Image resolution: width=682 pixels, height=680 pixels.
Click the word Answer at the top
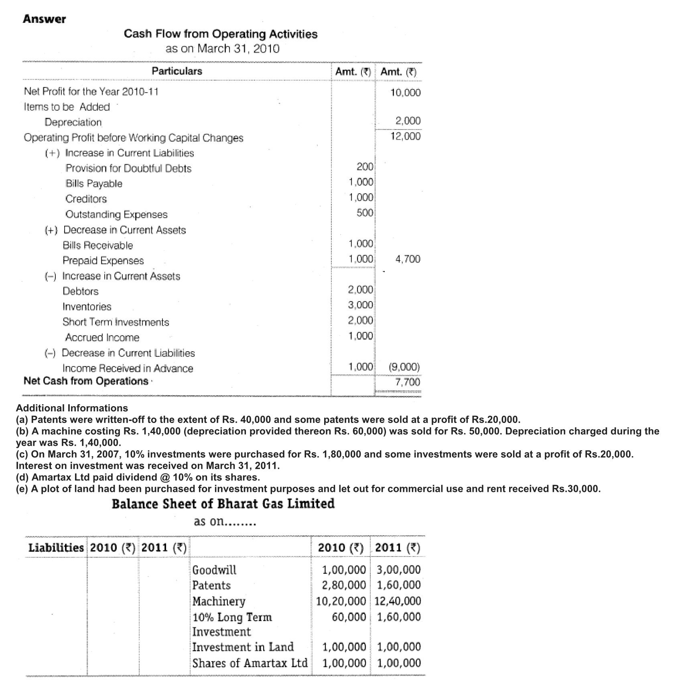pos(44,19)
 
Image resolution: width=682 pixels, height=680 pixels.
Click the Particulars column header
pos(177,71)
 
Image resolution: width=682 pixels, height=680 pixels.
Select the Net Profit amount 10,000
pos(406,93)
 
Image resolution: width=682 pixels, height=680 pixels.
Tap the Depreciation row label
pos(73,122)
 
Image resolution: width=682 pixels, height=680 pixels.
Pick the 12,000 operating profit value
pos(406,136)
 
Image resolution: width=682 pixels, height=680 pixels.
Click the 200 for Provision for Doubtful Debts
pos(365,167)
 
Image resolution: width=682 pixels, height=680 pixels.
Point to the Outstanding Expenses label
pos(116,215)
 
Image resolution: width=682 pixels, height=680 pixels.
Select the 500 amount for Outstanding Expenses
pos(365,213)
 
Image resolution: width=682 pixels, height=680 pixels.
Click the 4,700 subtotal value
pos(408,259)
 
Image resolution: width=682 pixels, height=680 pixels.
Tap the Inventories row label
pos(87,307)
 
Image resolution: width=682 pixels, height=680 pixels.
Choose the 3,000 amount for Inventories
pos(360,305)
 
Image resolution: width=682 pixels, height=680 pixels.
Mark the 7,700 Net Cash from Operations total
pos(408,382)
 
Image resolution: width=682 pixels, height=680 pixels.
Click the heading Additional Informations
pos(72,408)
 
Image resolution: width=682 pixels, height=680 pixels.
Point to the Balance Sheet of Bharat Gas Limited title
pos(223,504)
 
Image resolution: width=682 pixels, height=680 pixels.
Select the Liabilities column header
pos(56,548)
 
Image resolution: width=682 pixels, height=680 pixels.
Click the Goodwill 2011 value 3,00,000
pos(399,570)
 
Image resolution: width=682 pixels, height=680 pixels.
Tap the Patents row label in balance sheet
pos(211,585)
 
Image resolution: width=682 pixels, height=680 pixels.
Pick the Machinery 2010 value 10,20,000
pos(341,601)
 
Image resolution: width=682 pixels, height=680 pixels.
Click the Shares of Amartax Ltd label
pos(250,663)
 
